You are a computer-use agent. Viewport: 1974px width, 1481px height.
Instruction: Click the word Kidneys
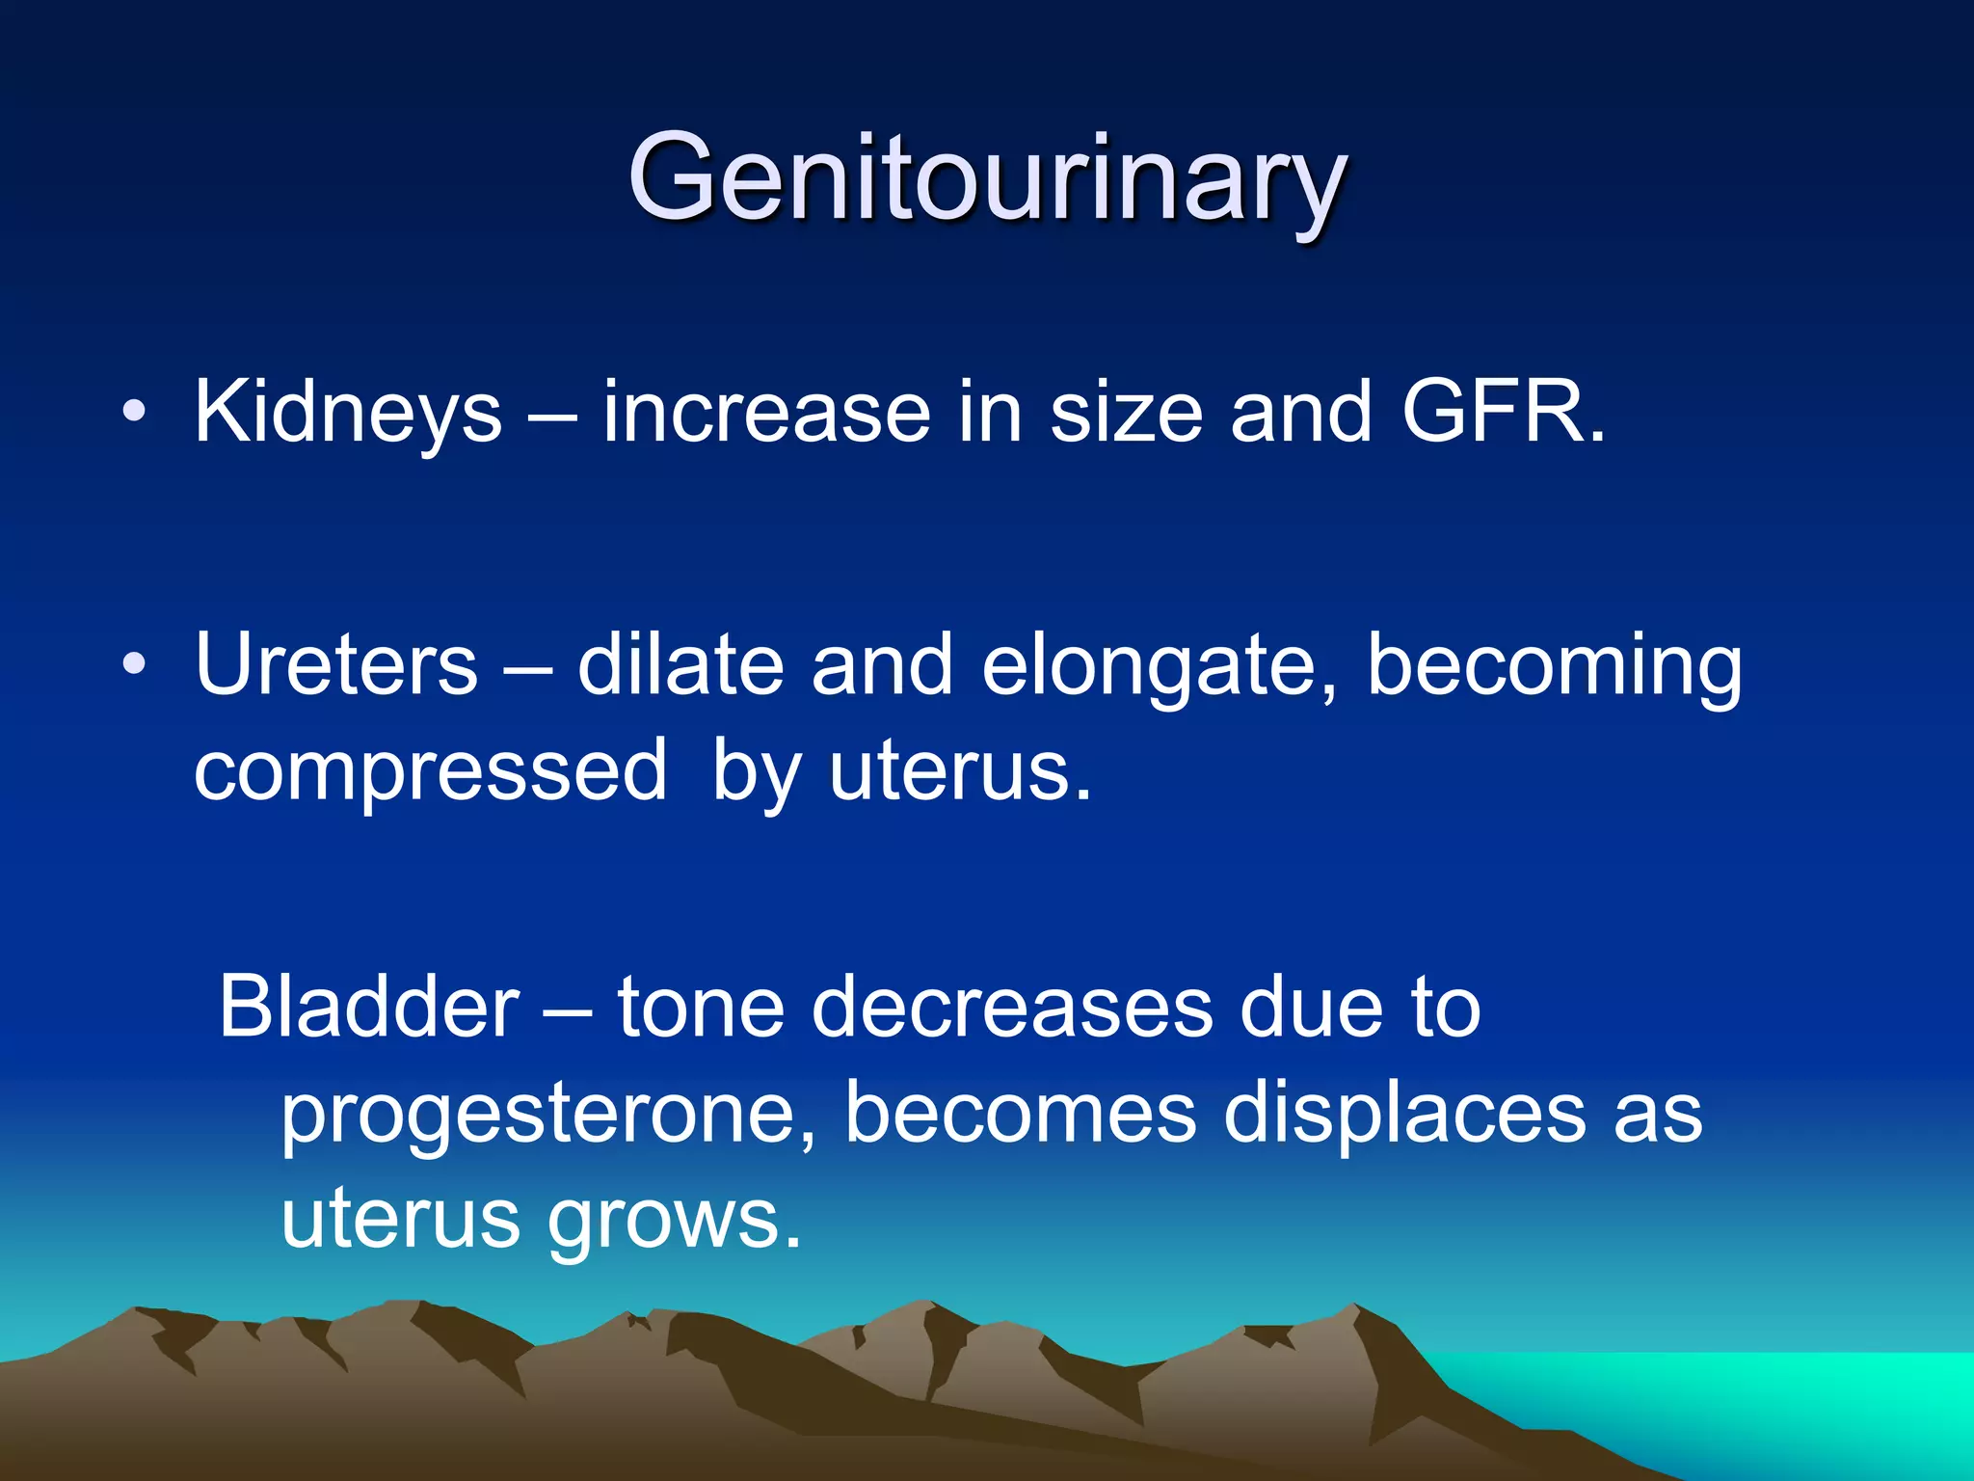pos(348,413)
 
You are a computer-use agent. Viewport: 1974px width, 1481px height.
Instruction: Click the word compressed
pos(430,771)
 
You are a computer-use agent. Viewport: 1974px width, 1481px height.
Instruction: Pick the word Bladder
pos(368,1008)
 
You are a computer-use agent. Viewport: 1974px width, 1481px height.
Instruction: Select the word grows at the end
pos(674,1223)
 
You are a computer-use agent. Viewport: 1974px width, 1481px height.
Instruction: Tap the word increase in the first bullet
pos(766,413)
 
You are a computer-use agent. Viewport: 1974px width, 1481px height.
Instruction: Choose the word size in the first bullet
pos(1126,413)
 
